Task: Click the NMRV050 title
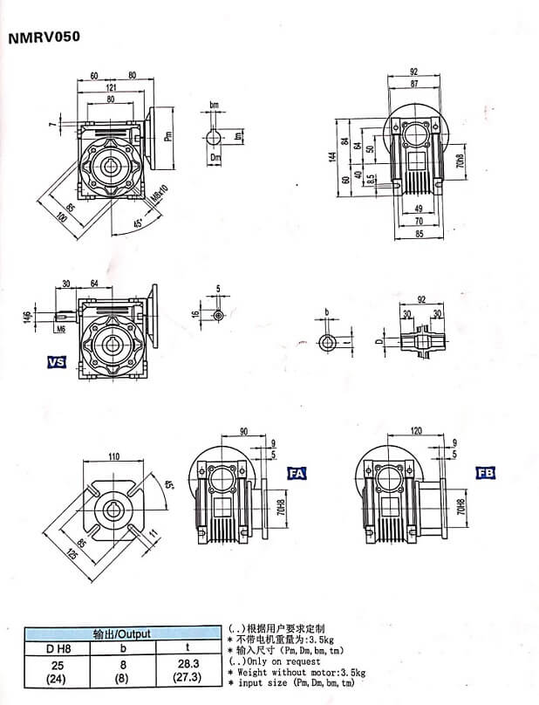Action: click(x=44, y=38)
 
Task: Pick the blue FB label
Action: click(x=485, y=473)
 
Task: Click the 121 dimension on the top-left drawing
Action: click(x=113, y=88)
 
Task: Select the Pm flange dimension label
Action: click(x=168, y=135)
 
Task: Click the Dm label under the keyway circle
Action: click(x=215, y=157)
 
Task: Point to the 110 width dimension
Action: click(x=113, y=456)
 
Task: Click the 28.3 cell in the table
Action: click(x=191, y=664)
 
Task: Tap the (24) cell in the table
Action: click(x=57, y=676)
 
